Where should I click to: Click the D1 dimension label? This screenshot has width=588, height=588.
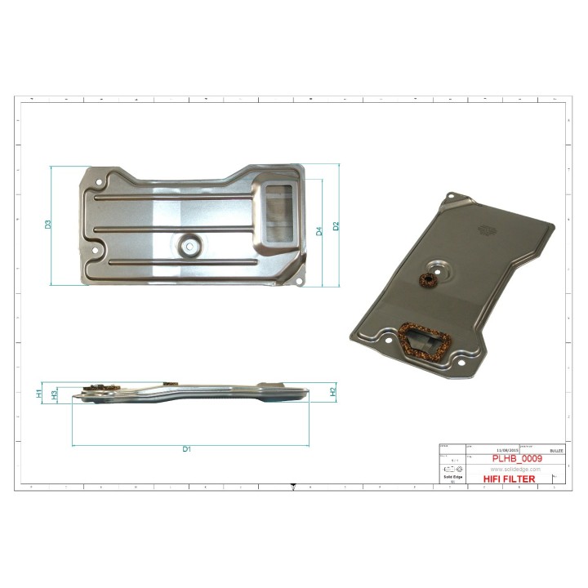[186, 450]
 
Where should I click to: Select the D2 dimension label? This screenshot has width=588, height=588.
[335, 225]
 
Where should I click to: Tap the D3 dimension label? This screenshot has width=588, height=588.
[48, 224]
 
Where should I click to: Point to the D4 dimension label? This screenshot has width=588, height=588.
[319, 231]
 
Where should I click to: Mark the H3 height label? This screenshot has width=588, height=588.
[54, 394]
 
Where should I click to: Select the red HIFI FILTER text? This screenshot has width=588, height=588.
[510, 479]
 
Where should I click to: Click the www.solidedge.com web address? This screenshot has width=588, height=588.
[515, 469]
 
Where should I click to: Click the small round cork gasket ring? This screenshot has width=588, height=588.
[426, 280]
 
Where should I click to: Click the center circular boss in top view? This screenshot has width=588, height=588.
[190, 243]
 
